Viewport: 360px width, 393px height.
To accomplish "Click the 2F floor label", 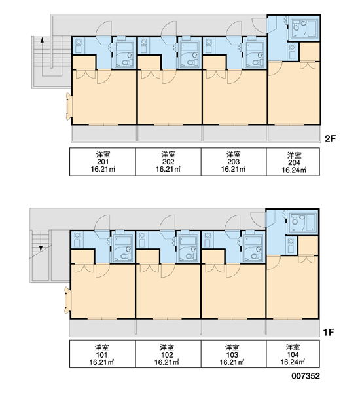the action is [x=330, y=139].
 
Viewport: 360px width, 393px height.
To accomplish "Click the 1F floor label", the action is [x=329, y=332].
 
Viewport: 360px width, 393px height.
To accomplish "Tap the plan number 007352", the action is [x=306, y=376].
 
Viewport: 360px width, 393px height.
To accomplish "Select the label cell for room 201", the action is [x=103, y=162].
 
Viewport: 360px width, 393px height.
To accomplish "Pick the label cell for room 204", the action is [x=293, y=162].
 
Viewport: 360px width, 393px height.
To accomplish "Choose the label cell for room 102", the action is [x=168, y=354].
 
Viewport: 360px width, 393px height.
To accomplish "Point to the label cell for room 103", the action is [x=234, y=354].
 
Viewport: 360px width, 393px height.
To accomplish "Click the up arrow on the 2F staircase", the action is [x=43, y=43].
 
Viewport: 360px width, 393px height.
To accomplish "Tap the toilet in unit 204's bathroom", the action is [x=296, y=27].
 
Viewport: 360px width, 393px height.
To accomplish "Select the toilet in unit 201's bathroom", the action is [x=124, y=62].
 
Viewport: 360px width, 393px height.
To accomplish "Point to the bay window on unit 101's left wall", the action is [x=67, y=300].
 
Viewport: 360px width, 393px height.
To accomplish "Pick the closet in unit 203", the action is [x=214, y=63].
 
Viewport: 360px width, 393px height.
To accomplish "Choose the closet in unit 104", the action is [x=308, y=246].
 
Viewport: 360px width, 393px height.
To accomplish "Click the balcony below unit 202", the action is [x=170, y=134].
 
